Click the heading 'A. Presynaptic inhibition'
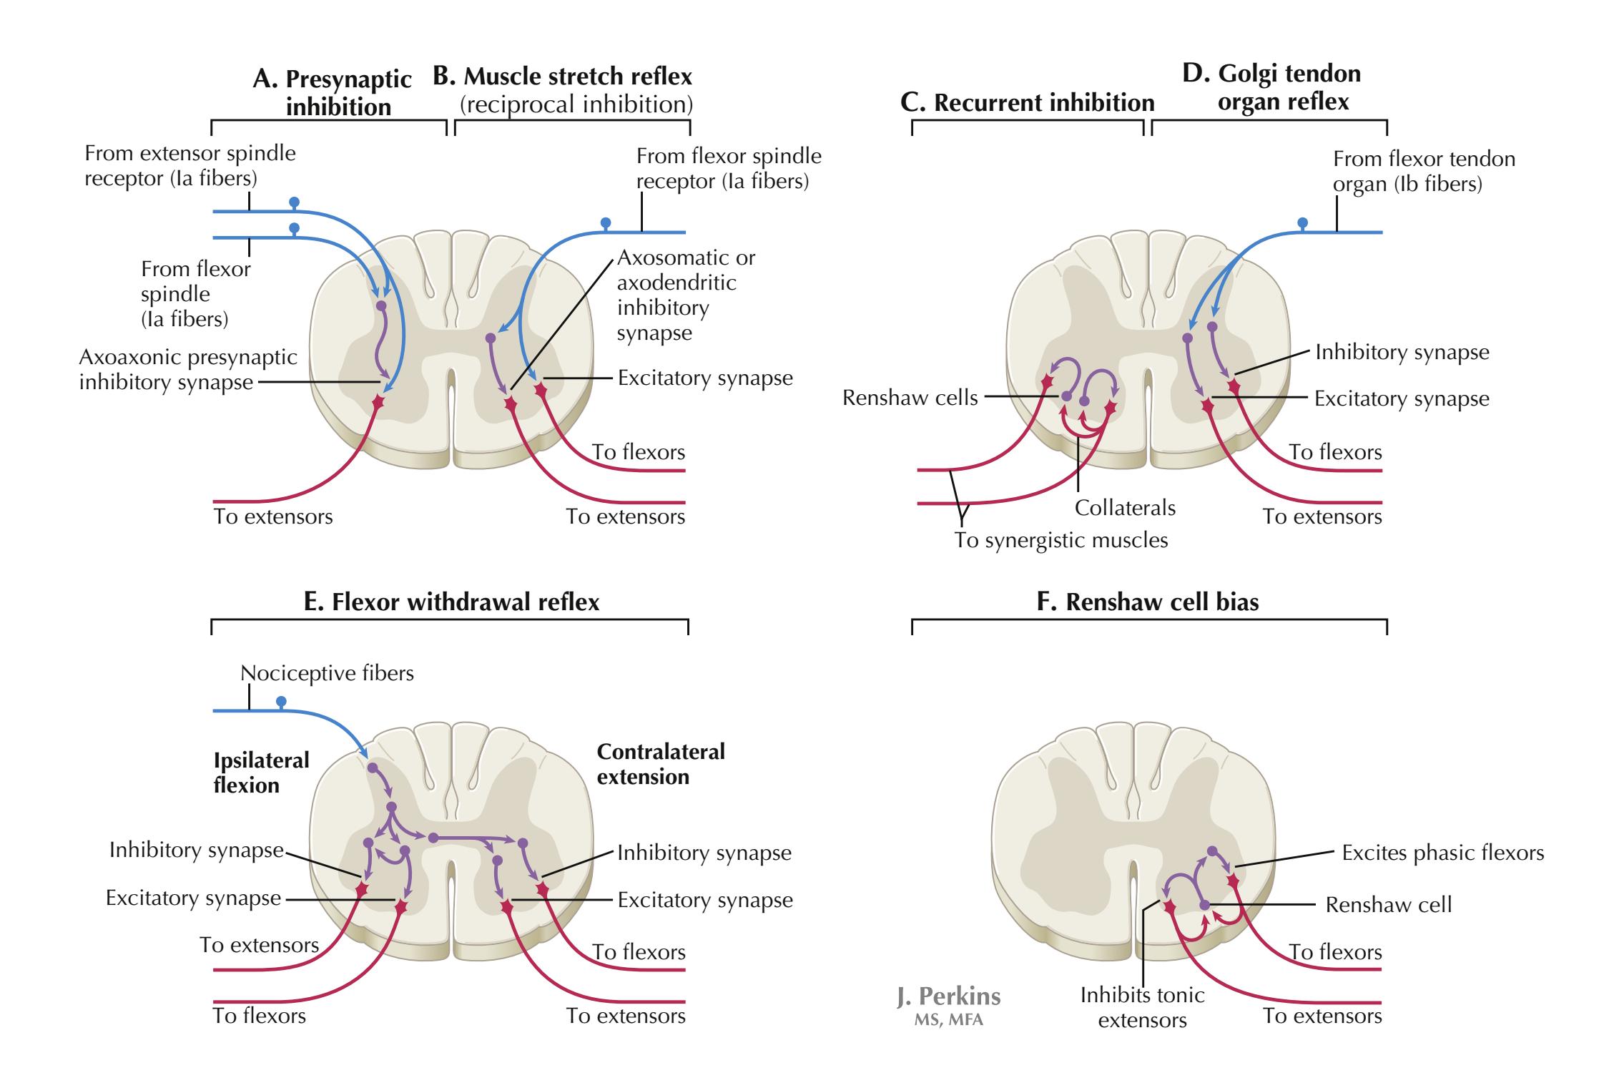click(333, 93)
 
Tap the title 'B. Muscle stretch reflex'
click(563, 77)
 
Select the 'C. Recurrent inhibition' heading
click(1027, 103)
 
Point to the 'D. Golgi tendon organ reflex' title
click(1271, 87)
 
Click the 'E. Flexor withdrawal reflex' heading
click(451, 602)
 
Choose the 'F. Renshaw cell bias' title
click(1148, 602)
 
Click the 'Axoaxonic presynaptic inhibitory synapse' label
click(187, 369)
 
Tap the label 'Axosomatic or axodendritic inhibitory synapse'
click(685, 295)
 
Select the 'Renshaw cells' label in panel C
click(910, 398)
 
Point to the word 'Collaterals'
click(1125, 508)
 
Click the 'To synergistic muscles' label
click(1061, 540)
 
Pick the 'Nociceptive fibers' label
click(327, 673)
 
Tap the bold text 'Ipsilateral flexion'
click(261, 773)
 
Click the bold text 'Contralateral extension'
click(660, 764)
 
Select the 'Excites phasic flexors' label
click(1442, 853)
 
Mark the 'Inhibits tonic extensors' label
click(1142, 1007)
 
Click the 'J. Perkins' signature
click(948, 997)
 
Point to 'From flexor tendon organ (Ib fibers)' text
click(1423, 171)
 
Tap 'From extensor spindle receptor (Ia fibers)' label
click(190, 165)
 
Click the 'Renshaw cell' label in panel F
click(1388, 905)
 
